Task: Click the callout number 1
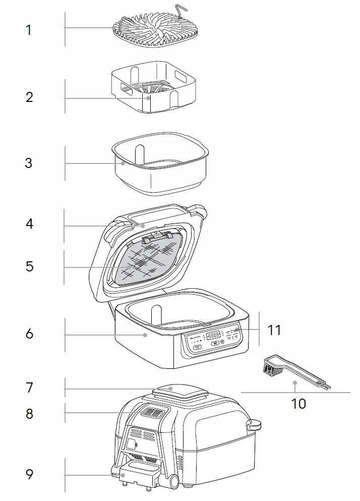tap(29, 30)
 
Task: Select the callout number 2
tap(29, 97)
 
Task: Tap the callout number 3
tap(29, 163)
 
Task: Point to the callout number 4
tap(29, 224)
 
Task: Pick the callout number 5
tap(29, 266)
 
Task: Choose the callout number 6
tap(29, 333)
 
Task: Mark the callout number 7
tap(29, 388)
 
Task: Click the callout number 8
tap(29, 414)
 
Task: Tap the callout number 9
tap(29, 474)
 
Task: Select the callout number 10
tap(298, 404)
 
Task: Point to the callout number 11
tap(274, 330)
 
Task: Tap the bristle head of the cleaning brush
tap(271, 371)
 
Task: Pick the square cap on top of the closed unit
tap(174, 390)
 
